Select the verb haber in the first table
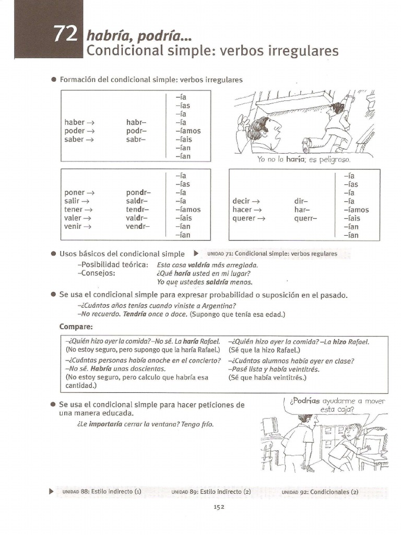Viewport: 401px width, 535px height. pyautogui.click(x=74, y=122)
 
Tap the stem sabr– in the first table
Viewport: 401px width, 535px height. pyautogui.click(x=136, y=139)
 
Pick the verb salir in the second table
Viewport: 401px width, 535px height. pyautogui.click(x=73, y=201)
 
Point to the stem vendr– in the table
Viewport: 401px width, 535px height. pyautogui.click(x=137, y=226)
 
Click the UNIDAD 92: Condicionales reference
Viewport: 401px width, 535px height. pyautogui.click(x=320, y=492)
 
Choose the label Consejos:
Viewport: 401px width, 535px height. pyautogui.click(x=96, y=273)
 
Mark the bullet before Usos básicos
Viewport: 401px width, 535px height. pyautogui.click(x=53, y=253)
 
